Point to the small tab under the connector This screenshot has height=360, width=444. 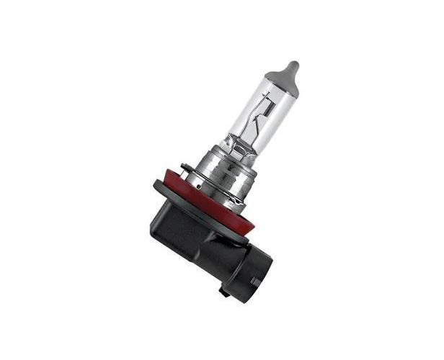point(226,292)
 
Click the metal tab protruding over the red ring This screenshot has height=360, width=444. point(186,171)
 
